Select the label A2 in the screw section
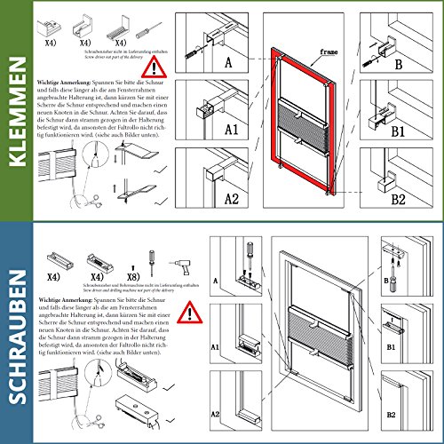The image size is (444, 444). (x=214, y=414)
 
